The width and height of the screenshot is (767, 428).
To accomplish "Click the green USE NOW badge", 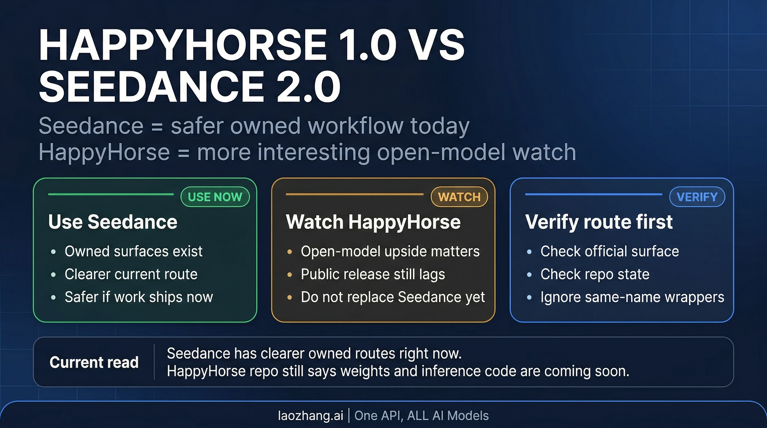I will click(215, 197).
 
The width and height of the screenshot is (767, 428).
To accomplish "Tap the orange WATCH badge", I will click(459, 197).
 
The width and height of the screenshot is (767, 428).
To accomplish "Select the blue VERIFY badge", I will click(697, 197).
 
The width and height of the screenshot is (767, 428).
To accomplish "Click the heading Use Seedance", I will click(113, 222).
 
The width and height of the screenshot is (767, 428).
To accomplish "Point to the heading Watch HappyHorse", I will click(373, 222).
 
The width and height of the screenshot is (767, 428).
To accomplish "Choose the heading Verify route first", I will click(599, 222).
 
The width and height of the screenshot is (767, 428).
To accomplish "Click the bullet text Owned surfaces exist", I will click(134, 251).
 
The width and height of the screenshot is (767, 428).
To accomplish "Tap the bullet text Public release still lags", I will click(373, 274).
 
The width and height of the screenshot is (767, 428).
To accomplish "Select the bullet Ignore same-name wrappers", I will click(632, 297).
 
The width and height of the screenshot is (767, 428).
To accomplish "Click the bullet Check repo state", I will click(594, 274).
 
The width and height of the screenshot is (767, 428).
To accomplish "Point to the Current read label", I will click(94, 362).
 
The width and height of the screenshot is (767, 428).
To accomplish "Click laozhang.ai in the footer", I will click(310, 415).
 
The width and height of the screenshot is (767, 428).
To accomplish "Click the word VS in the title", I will click(439, 45).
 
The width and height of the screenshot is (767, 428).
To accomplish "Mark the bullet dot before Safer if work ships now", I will click(53, 297).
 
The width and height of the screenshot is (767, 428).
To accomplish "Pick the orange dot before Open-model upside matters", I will click(289, 252).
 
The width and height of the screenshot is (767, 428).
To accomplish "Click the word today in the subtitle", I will click(440, 126).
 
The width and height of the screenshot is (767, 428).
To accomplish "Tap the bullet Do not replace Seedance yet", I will click(393, 297).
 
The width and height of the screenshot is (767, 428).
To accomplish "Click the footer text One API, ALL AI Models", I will click(421, 415).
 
